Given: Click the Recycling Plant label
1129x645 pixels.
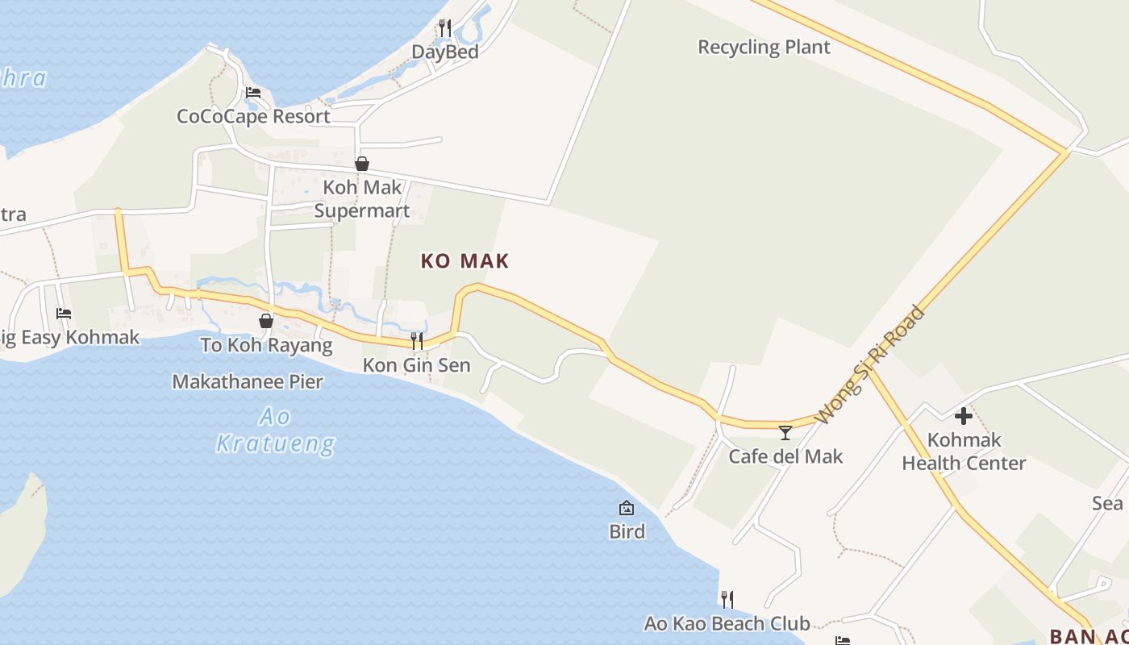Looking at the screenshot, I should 764,48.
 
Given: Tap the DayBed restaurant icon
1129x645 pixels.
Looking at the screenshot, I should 445,28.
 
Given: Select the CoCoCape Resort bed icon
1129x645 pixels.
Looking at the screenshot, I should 253,93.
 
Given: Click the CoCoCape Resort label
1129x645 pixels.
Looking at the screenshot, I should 253,116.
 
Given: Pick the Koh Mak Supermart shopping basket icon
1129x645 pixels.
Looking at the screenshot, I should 362,164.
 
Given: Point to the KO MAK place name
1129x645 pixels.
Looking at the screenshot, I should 465,261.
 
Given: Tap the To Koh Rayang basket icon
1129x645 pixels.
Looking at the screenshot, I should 266,321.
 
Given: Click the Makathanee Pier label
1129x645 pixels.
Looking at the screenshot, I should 248,381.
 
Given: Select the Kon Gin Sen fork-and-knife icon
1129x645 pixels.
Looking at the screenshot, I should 417,341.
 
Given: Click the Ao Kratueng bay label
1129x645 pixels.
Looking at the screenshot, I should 275,430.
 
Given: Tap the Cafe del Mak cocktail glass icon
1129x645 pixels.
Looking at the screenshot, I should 785,433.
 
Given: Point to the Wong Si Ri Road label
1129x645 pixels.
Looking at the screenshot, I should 870,364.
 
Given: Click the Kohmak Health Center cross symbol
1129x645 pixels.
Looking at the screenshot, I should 964,417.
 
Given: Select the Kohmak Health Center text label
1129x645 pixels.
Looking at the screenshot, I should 964,451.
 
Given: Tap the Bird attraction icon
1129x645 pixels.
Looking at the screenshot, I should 627,508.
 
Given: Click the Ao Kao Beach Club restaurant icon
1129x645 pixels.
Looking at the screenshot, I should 727,599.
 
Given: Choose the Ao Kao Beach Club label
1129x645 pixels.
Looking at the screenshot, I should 727,623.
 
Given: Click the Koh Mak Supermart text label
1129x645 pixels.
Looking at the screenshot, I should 362,199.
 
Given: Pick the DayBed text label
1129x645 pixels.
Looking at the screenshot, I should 445,52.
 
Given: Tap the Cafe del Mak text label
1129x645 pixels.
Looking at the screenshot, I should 785,456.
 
